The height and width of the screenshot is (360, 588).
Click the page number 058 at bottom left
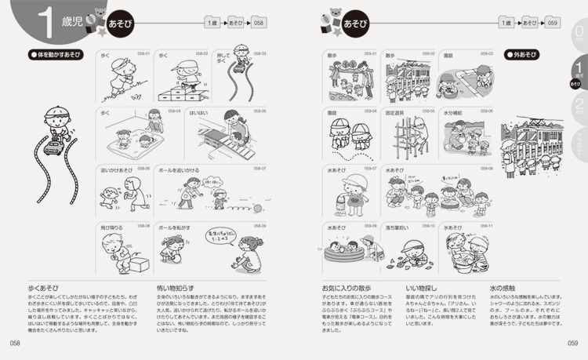click(x=14, y=343)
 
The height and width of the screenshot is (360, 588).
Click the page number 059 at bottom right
click(x=572, y=343)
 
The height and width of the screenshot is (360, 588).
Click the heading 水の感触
click(x=503, y=289)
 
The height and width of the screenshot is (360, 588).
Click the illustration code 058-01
click(x=143, y=54)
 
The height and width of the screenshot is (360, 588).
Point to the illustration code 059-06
click(x=485, y=111)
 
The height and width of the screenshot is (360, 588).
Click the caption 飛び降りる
click(x=112, y=226)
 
